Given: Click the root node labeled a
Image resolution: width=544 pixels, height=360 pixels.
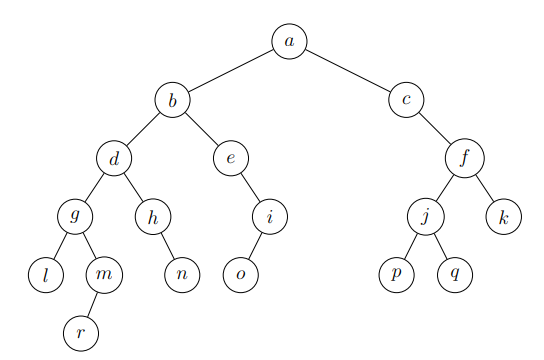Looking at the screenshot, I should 289,41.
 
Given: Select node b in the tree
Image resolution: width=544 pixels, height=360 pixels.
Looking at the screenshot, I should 172,99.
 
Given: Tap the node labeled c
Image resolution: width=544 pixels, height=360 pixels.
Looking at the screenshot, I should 406,99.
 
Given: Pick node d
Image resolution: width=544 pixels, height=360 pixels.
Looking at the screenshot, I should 114,157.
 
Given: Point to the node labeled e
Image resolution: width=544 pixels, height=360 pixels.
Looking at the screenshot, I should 230,157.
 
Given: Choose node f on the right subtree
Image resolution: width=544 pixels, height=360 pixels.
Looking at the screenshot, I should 464,157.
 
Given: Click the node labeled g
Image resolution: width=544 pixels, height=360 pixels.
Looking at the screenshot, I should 75,215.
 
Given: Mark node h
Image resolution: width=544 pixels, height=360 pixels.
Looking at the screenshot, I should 153,215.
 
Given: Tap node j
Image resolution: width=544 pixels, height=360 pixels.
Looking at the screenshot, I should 425,215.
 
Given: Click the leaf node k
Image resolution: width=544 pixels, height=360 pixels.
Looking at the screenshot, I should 503,215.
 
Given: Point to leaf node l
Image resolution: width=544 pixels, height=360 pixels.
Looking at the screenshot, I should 46,273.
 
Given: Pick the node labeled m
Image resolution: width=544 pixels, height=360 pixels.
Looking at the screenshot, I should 104,273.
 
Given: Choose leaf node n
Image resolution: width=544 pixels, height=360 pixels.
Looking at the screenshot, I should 182,273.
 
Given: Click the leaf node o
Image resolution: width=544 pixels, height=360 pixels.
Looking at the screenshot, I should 240,273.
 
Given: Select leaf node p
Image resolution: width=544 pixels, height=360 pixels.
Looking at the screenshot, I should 396,273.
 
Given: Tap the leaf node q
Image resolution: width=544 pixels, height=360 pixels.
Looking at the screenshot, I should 454,273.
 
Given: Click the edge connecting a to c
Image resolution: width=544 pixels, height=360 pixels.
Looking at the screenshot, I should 348,70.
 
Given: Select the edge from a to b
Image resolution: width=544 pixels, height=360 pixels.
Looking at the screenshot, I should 230,70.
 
